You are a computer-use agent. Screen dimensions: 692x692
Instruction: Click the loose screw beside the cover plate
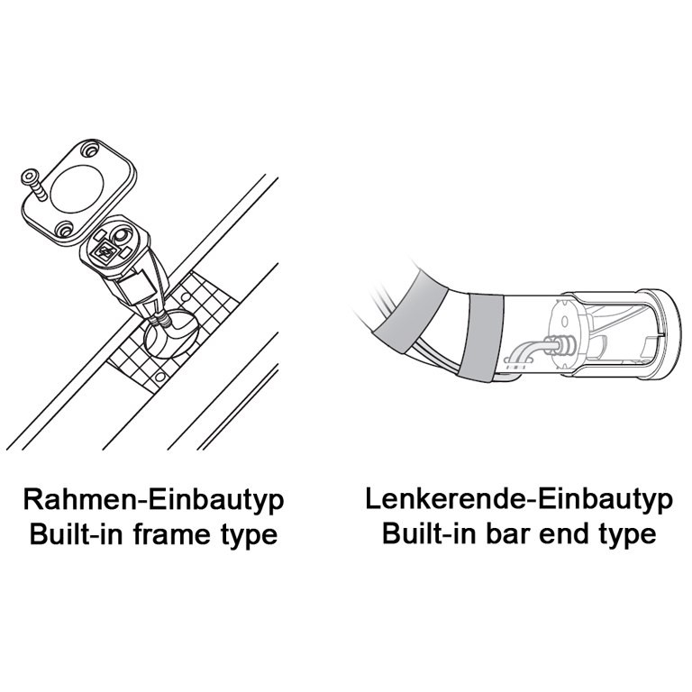click(x=33, y=185)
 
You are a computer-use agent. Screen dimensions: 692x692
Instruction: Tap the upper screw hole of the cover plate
click(x=91, y=150)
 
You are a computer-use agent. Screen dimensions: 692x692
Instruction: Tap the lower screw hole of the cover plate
click(x=65, y=230)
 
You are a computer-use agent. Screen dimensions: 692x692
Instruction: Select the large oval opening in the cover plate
click(x=77, y=188)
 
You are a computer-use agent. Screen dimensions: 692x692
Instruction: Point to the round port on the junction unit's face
click(x=121, y=235)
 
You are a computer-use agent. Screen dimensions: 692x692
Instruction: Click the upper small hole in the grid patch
click(x=186, y=298)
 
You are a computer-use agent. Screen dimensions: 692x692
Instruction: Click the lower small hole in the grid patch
click(x=160, y=377)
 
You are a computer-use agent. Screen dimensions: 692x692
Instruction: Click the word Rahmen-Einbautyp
click(x=153, y=500)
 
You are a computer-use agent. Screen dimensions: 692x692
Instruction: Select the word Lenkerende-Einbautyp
click(x=519, y=500)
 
